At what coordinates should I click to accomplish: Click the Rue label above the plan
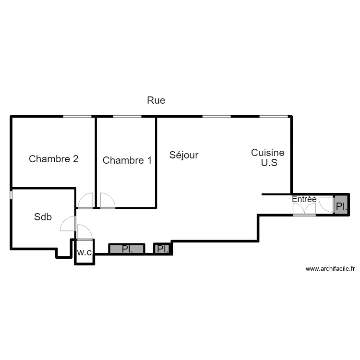(x=156, y=101)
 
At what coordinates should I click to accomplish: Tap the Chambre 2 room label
(x=54, y=159)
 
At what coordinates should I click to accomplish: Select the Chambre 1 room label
(x=127, y=160)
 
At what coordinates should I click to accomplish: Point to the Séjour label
(x=184, y=155)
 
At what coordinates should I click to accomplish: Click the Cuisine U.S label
(x=268, y=157)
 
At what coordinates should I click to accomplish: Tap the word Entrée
(x=304, y=199)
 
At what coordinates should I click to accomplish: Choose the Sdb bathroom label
(x=43, y=216)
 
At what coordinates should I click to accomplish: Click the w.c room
(x=84, y=252)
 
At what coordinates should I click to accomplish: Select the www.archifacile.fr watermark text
(x=329, y=269)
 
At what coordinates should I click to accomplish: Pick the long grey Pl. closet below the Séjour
(x=127, y=249)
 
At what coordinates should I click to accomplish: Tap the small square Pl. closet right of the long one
(x=163, y=249)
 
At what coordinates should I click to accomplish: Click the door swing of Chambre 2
(x=86, y=201)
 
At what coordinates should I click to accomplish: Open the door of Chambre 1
(x=107, y=201)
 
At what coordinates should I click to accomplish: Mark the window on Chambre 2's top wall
(x=78, y=116)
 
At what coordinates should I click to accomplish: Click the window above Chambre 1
(x=127, y=116)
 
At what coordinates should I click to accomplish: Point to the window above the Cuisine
(x=274, y=116)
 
